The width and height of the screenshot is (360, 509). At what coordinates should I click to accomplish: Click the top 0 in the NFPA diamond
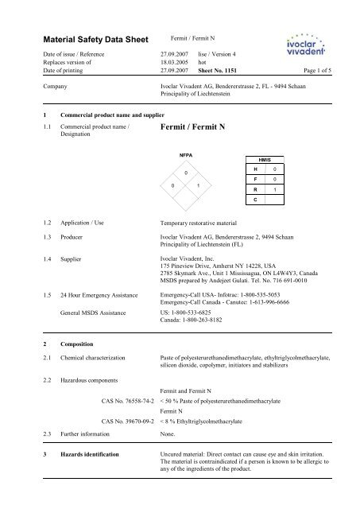[x=185, y=172]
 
